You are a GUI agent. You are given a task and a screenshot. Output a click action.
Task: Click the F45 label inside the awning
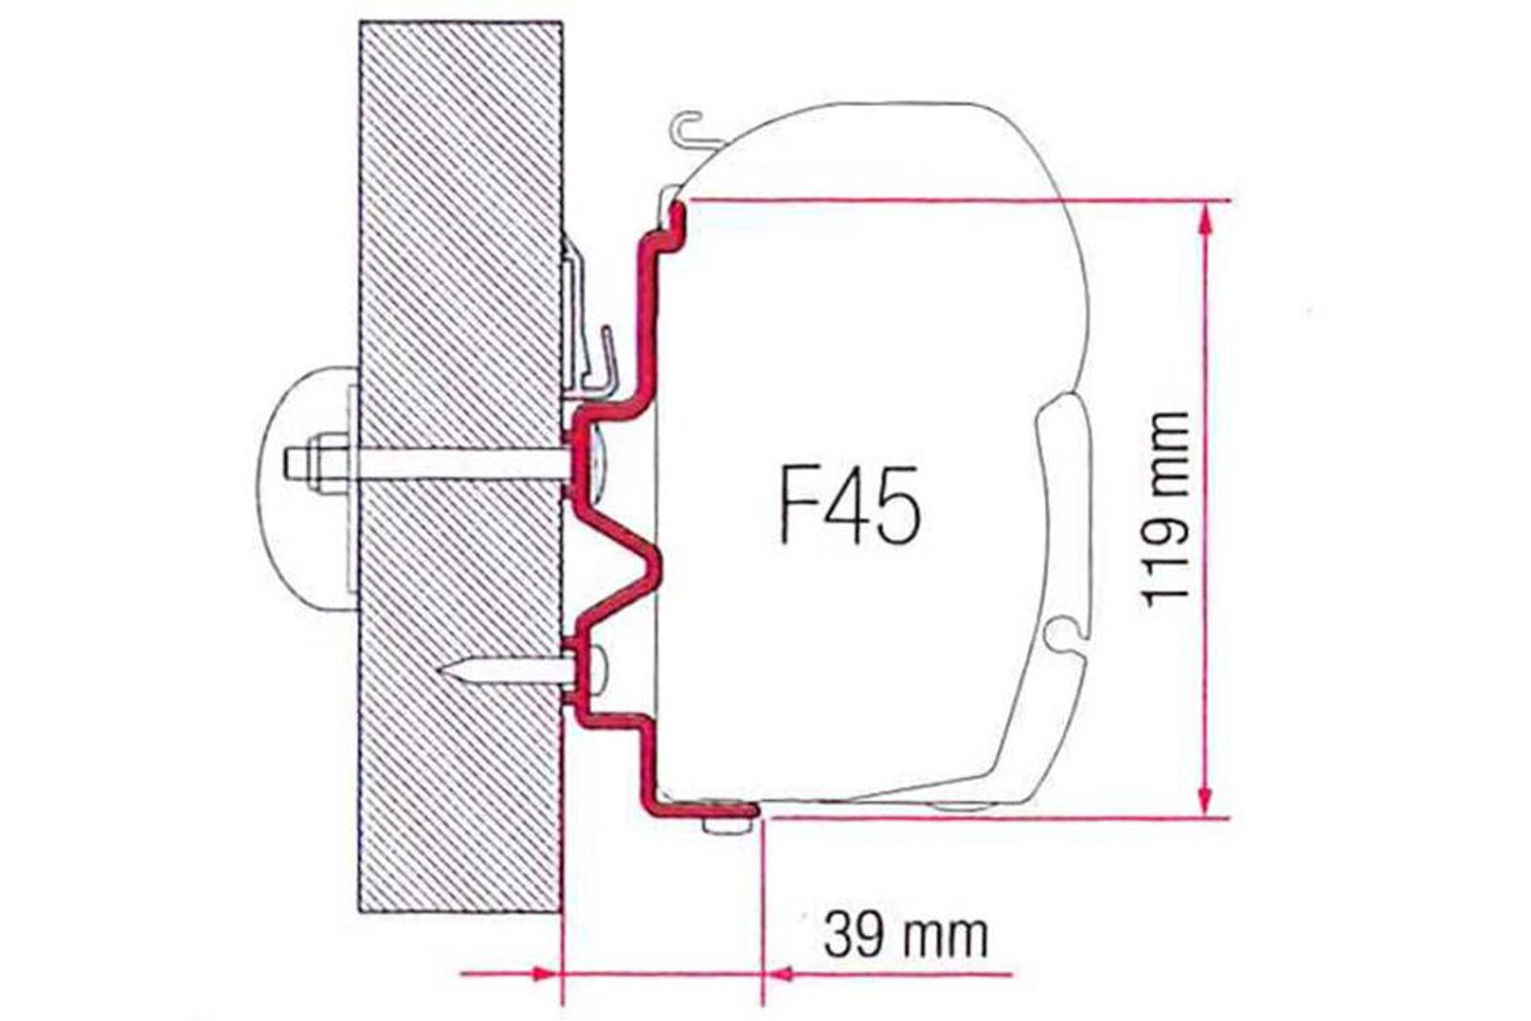point(850,505)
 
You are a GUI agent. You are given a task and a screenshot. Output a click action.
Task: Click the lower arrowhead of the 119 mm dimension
point(1206,800)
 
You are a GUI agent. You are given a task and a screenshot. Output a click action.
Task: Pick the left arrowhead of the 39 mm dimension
point(544,974)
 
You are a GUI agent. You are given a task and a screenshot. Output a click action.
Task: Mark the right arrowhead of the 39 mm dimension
point(777,974)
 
